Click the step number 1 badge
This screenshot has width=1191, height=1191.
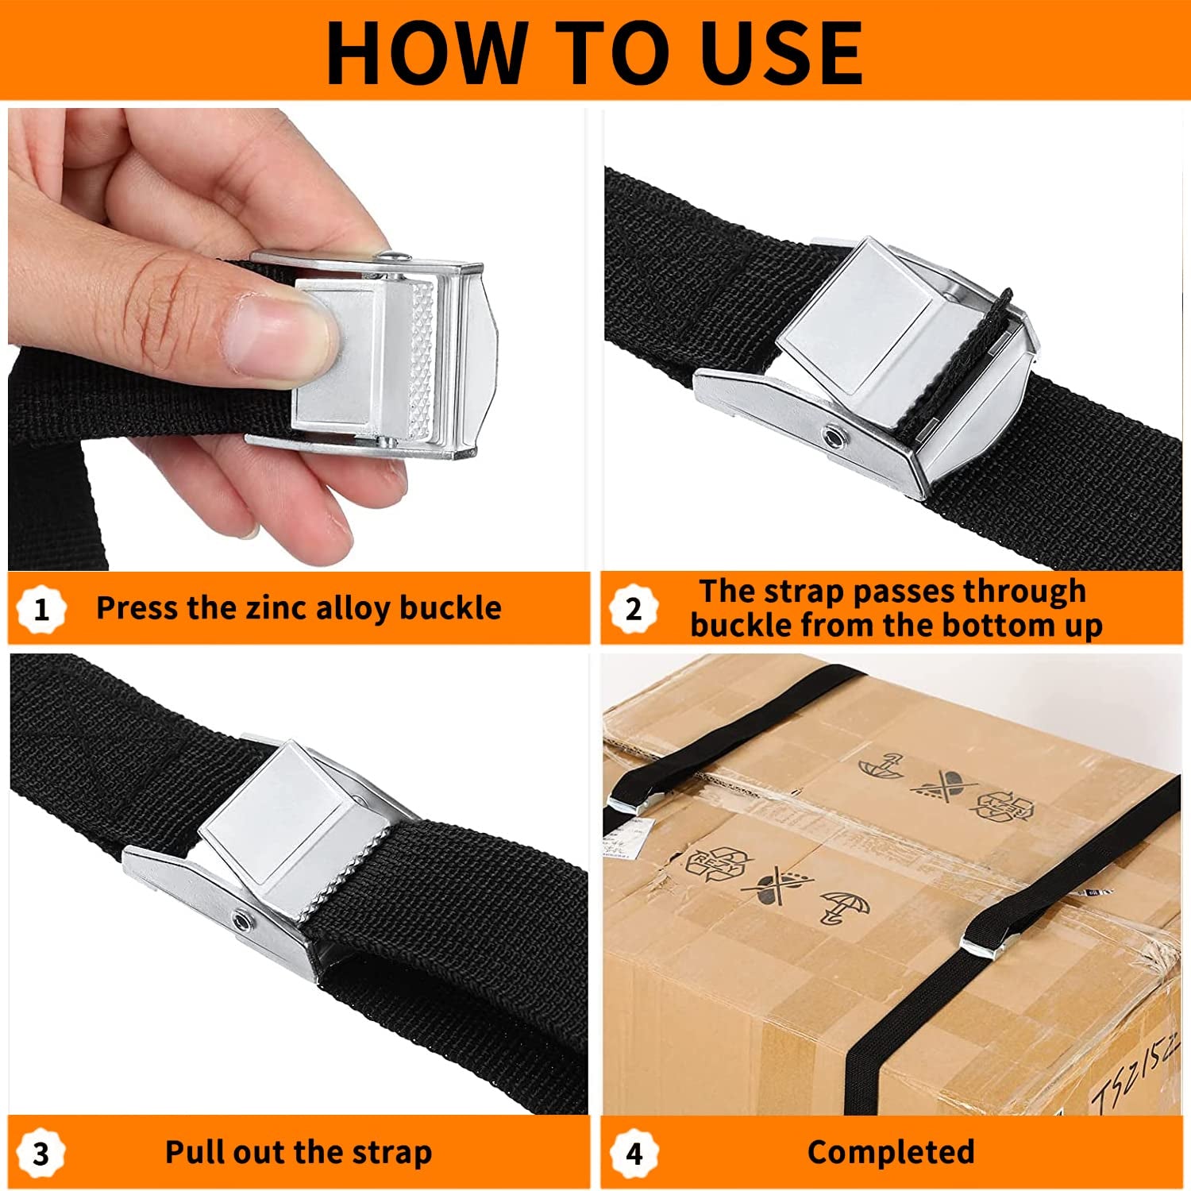tap(41, 609)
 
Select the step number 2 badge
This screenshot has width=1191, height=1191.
tap(633, 609)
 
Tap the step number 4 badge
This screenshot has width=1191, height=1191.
tap(634, 1153)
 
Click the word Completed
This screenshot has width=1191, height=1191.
tap(891, 1152)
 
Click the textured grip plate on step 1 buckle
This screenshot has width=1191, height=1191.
tap(421, 361)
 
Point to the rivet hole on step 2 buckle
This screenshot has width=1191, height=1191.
tap(833, 437)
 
